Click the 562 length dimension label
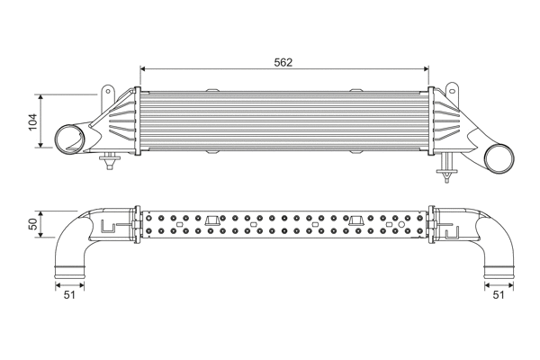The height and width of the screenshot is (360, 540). coord(283,62)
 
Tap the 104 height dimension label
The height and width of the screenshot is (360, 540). coord(33,121)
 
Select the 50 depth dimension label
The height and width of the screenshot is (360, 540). coord(33,225)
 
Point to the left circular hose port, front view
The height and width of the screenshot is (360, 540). coord(68,140)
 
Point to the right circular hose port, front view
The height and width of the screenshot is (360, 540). coord(498,159)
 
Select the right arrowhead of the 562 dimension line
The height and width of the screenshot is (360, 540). coord(429,70)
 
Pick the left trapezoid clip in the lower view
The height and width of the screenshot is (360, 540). coord(213,221)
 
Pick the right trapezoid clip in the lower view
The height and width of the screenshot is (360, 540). coord(357,221)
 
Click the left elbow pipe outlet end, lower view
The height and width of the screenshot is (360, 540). coord(69,269)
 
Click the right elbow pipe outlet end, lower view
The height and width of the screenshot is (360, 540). coord(497,269)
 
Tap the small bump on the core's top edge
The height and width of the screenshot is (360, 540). coord(214,88)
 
